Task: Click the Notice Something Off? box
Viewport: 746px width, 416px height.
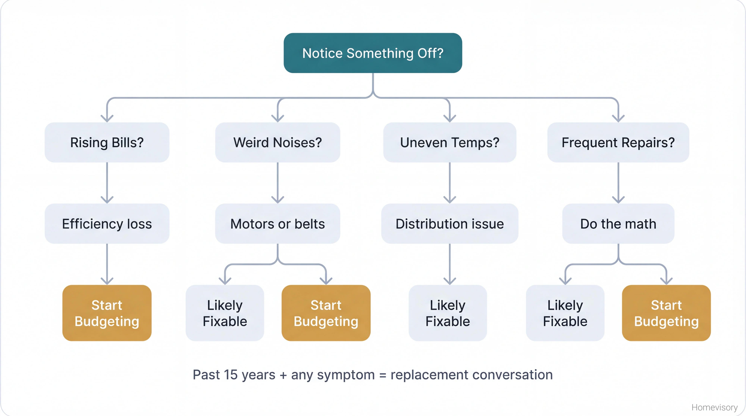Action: point(373,53)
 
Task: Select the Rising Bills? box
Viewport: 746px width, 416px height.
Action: point(107,142)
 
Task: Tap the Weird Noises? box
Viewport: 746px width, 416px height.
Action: point(278,142)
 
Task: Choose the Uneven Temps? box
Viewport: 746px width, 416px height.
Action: point(449,142)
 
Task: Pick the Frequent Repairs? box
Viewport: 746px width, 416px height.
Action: point(618,142)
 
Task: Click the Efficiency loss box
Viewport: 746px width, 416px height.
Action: point(107,224)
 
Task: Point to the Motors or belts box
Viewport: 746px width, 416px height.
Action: point(278,224)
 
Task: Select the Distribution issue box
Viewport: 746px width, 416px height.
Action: point(449,224)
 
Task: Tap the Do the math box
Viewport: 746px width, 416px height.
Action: point(618,224)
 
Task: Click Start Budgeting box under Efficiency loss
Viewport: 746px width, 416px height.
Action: point(107,313)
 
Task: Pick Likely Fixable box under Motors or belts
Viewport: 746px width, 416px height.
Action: point(225,313)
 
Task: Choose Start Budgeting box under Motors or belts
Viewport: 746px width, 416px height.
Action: point(326,313)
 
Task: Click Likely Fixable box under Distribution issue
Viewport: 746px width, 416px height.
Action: point(448,313)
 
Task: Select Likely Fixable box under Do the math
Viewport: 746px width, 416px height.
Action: point(565,313)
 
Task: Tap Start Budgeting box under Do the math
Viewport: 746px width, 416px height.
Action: point(666,313)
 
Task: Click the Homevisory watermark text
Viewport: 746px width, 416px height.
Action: point(714,407)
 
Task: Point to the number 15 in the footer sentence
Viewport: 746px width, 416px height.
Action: point(231,375)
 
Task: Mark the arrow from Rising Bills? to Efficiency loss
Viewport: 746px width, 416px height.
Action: point(107,183)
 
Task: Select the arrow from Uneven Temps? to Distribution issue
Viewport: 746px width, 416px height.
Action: point(449,183)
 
